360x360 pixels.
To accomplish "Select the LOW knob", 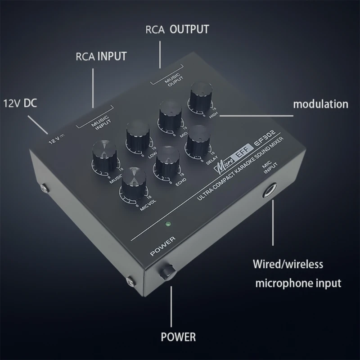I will click(137, 134).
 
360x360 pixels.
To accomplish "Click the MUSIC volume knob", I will click(105, 154).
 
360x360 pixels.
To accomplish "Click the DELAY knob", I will click(198, 140).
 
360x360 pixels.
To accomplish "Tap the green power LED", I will click(168, 224).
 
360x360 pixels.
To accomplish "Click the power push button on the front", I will click(168, 271).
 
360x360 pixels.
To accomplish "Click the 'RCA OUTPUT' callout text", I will click(177, 30).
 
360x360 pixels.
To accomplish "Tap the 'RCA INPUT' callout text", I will click(101, 57).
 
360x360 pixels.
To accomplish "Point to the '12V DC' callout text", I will click(20, 103).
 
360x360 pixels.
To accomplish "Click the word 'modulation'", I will click(320, 104).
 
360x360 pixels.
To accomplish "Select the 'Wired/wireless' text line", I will click(288, 264).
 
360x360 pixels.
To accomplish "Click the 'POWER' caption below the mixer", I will click(178, 336).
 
